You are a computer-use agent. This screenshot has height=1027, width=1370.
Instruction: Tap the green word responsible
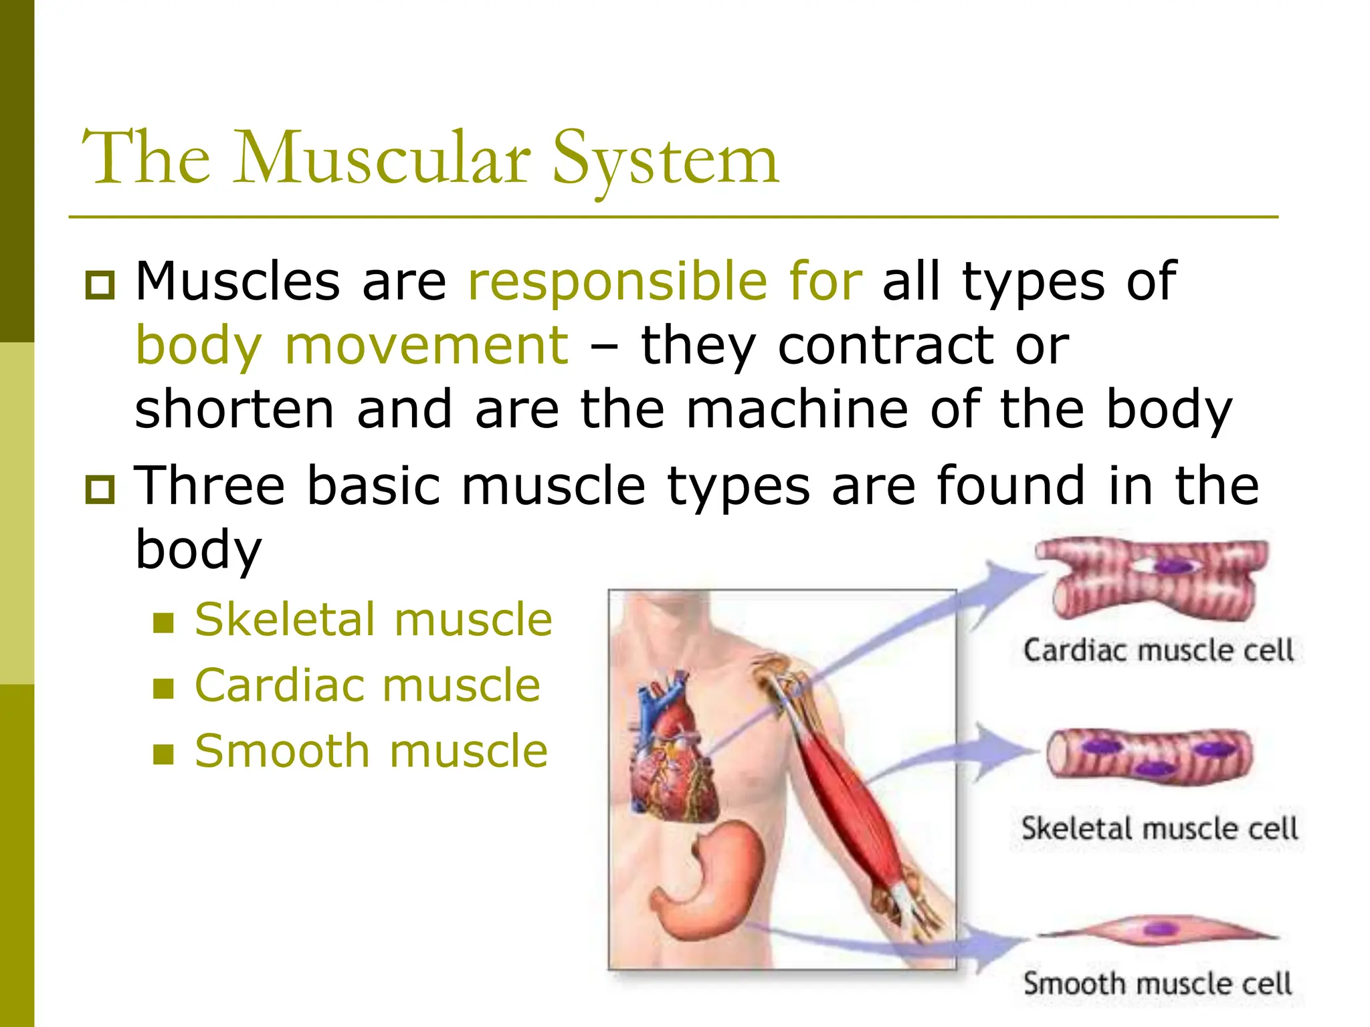pyautogui.click(x=617, y=281)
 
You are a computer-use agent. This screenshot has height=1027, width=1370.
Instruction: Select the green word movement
pyautogui.click(x=427, y=346)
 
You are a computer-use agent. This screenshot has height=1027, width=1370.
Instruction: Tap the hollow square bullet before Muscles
pyautogui.click(x=100, y=285)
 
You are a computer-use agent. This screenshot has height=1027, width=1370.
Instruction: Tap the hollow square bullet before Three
pyautogui.click(x=100, y=489)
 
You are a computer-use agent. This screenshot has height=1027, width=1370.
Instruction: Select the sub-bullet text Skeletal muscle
pyautogui.click(x=373, y=619)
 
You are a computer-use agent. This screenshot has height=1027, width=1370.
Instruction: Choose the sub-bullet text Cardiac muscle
pyautogui.click(x=367, y=685)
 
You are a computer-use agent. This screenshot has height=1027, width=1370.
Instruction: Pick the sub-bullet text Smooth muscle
pyautogui.click(x=371, y=751)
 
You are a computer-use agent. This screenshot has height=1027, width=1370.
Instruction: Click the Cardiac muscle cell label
pyautogui.click(x=1158, y=650)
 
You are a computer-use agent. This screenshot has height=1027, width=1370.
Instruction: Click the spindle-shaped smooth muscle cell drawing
pyautogui.click(x=1157, y=930)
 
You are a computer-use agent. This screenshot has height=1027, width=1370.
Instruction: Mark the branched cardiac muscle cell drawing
pyautogui.click(x=1151, y=576)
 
